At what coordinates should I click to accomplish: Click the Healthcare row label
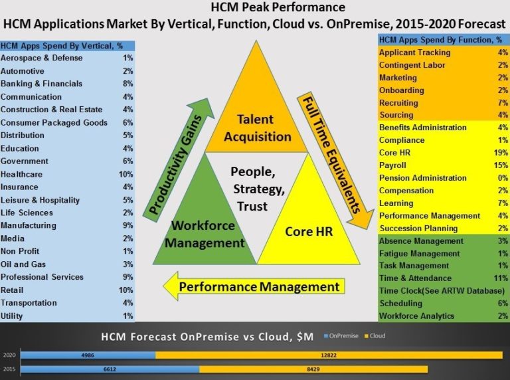21,174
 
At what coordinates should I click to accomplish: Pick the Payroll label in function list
392,165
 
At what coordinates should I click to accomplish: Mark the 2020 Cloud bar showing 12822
329,356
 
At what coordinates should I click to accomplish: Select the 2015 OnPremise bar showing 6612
110,369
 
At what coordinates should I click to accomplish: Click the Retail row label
13,290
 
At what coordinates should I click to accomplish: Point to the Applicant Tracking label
414,52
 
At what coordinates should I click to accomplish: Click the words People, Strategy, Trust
256,189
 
